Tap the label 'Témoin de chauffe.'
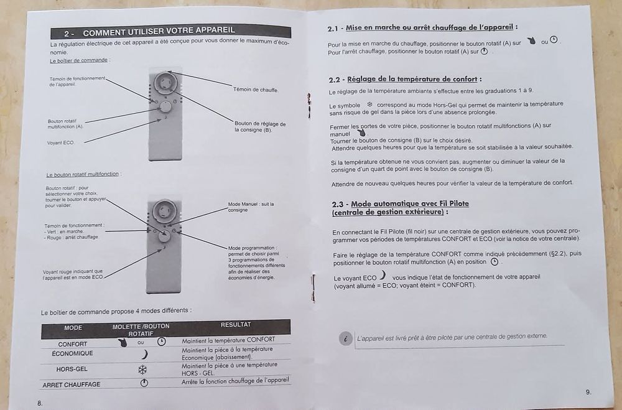click(256, 90)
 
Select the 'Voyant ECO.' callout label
click(61, 142)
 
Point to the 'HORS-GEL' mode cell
click(72, 369)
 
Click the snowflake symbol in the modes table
click(142, 370)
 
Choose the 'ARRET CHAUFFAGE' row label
click(72, 384)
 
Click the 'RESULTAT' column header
click(236, 325)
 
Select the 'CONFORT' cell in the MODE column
click(73, 344)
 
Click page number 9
click(588, 392)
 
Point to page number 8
click(40, 403)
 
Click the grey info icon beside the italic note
click(345, 338)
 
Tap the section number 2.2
click(335, 80)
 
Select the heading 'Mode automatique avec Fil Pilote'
click(410, 204)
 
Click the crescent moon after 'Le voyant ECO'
click(383, 274)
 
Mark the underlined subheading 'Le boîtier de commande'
click(78, 60)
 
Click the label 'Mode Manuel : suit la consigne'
click(251, 207)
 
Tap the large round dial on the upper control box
click(165, 83)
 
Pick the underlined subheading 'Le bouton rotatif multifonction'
click(83, 174)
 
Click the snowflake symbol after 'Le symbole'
click(369, 105)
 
